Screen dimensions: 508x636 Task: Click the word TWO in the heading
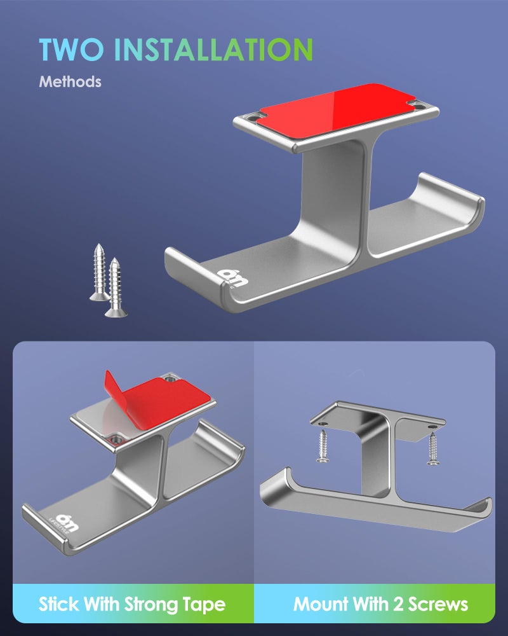72,50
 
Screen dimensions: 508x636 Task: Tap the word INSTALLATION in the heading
213,50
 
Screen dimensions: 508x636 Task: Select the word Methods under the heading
70,81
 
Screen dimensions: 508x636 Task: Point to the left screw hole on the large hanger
253,120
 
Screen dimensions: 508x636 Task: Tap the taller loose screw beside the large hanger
99,272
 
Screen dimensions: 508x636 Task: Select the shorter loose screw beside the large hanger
116,287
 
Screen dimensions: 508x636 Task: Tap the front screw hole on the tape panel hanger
116,439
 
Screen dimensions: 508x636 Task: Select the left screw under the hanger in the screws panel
323,446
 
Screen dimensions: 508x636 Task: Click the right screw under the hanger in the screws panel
433,448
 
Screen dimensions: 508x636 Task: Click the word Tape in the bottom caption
204,604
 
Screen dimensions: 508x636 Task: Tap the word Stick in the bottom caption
59,604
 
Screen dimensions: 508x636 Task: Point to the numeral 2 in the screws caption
399,604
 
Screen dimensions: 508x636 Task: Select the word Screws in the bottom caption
438,604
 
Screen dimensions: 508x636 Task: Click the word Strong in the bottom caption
152,604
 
